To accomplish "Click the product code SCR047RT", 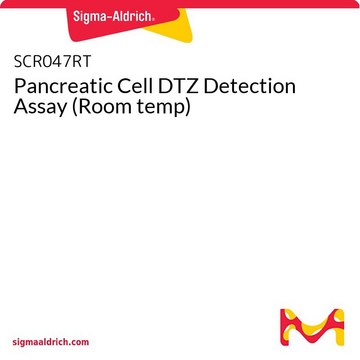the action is coord(52,62).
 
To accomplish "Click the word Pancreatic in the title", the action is coord(65,86).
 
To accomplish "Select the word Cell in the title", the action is coord(136,86).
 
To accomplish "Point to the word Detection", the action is coord(250,86).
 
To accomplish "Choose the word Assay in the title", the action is coord(40,108).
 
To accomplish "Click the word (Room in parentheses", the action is coord(103,107).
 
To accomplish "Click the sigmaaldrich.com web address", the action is coord(51,342).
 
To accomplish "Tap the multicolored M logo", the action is coord(312,328).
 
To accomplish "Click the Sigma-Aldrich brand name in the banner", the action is coord(113,16).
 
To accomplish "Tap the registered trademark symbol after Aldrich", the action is coord(153,20).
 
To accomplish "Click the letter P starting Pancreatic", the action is coord(20,87).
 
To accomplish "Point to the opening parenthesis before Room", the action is coord(76,107).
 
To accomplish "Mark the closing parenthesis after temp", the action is coord(188,107).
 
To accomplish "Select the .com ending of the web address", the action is coord(80,342).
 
